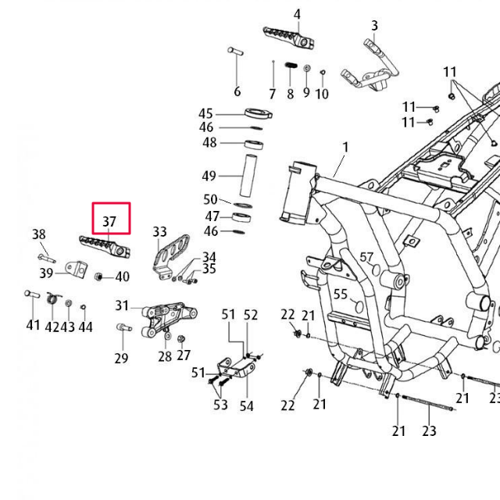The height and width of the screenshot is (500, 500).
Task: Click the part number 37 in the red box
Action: (109, 222)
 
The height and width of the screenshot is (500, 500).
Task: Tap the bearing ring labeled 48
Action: (255, 144)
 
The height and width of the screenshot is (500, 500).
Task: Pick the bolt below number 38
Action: (45, 255)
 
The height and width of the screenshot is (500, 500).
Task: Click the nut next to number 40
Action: (99, 277)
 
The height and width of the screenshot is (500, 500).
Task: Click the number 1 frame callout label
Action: (345, 147)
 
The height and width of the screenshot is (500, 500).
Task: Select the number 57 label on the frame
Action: (366, 258)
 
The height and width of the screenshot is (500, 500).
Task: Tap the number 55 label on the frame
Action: (341, 294)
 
